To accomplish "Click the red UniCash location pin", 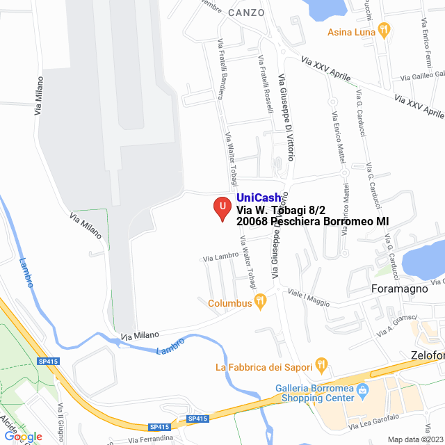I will tap(222, 208).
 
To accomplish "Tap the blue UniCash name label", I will tap(259, 198).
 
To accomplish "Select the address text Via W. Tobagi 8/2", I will tap(281, 209).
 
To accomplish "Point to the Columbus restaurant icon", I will tap(260, 302).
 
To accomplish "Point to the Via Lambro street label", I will tap(220, 257).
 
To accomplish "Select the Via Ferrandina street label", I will tap(149, 439).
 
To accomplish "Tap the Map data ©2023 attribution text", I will tap(415, 439).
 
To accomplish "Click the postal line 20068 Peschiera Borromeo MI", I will tap(312, 221).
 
